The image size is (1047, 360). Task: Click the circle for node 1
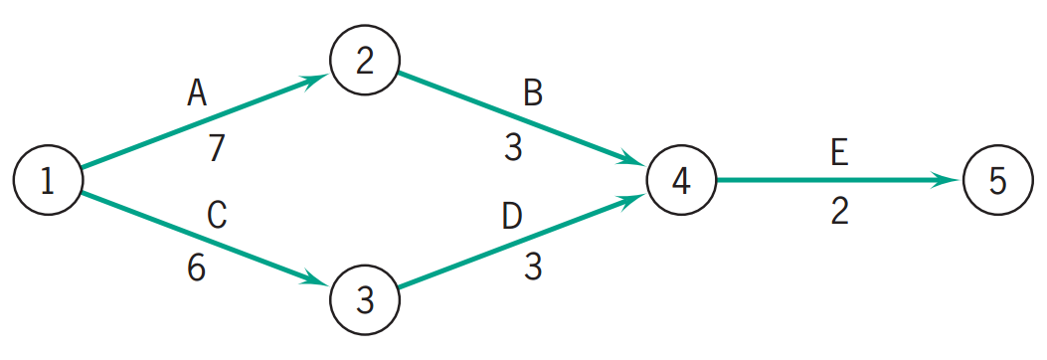47,180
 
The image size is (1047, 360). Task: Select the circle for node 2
364,62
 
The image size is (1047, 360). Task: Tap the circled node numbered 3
364,298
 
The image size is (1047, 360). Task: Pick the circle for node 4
680,180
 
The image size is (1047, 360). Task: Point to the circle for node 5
997,180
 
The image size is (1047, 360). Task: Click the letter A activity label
197,93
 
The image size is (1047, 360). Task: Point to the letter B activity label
533,93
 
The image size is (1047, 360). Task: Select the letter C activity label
218,215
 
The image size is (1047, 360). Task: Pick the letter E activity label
839,154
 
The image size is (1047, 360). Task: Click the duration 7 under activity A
217,148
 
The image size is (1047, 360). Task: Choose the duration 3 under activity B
513,148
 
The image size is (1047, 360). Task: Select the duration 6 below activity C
197,270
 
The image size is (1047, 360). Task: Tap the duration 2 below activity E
839,211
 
